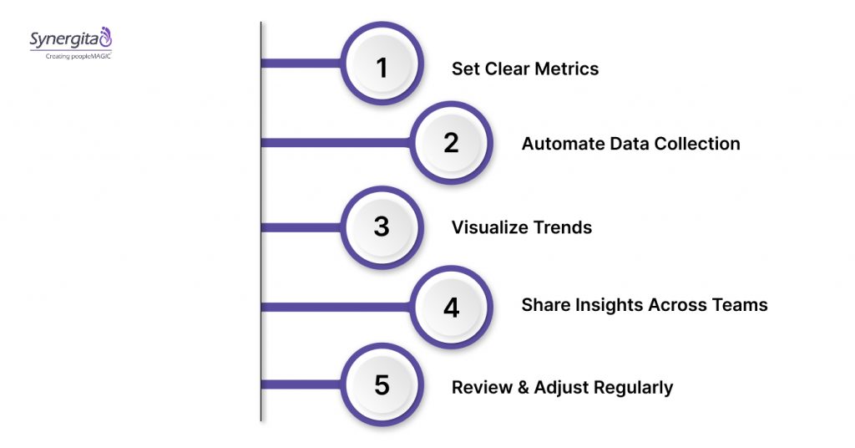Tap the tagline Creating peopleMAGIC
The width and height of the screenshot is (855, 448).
pyautogui.click(x=71, y=54)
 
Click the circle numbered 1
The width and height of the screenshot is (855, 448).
pyautogui.click(x=382, y=67)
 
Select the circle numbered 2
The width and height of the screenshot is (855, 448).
pyautogui.click(x=451, y=142)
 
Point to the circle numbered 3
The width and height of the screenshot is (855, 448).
pyautogui.click(x=382, y=226)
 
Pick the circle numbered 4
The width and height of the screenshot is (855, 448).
pyautogui.click(x=451, y=307)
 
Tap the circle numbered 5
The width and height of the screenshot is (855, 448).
pyautogui.click(x=382, y=385)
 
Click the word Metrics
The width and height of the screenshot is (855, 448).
pyautogui.click(x=568, y=69)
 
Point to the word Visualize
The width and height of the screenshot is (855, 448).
pyautogui.click(x=484, y=227)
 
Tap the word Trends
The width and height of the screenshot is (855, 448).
pyautogui.click(x=564, y=227)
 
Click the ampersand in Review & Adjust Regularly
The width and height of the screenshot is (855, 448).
pyautogui.click(x=515, y=387)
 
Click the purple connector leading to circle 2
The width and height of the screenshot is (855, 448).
pyautogui.click(x=334, y=143)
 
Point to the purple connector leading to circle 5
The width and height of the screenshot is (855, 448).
pyautogui.click(x=301, y=384)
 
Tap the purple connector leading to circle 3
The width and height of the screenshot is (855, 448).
pyautogui.click(x=301, y=227)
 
